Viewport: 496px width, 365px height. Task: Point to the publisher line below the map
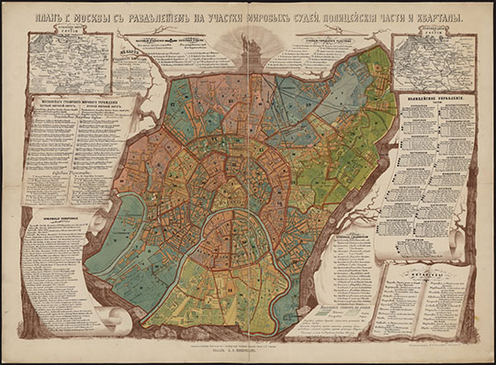[248, 349]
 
